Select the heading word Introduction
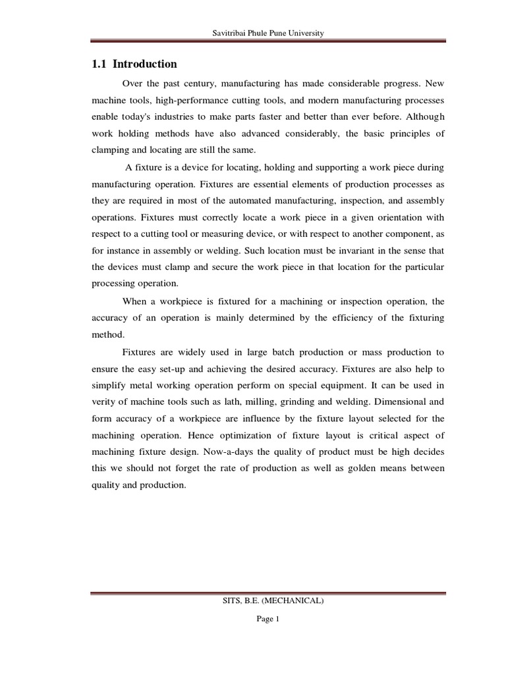[x=145, y=65]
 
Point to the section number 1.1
[x=98, y=65]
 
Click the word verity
[x=103, y=402]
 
